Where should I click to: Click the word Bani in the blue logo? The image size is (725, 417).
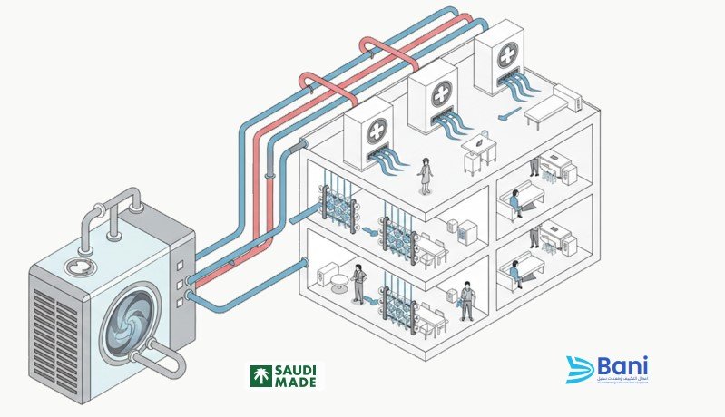pos(623,366)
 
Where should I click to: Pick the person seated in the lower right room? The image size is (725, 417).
pos(516,272)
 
